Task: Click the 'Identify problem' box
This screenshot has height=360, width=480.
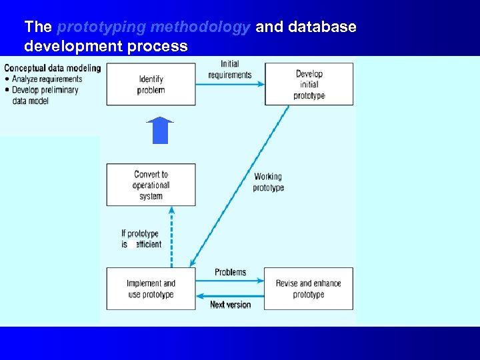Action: pyautogui.click(x=151, y=85)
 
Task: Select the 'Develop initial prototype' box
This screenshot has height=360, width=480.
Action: pyautogui.click(x=309, y=85)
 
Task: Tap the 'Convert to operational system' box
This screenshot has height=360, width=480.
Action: pyautogui.click(x=151, y=185)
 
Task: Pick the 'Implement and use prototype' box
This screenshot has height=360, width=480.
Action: pyautogui.click(x=151, y=289)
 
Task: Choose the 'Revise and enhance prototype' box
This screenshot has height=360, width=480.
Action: pyautogui.click(x=309, y=289)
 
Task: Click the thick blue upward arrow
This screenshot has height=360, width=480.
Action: pyautogui.click(x=160, y=131)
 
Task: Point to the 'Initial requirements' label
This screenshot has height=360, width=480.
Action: pyautogui.click(x=230, y=69)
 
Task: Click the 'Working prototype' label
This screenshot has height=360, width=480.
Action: pyautogui.click(x=268, y=182)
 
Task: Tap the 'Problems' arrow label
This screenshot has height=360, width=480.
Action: pyautogui.click(x=230, y=272)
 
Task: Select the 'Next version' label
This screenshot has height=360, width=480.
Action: pyautogui.click(x=230, y=305)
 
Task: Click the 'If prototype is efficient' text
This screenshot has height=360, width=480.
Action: pyautogui.click(x=141, y=239)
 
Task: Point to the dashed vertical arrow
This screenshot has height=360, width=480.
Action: pyautogui.click(x=171, y=237)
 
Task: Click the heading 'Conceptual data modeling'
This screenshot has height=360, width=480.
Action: pyautogui.click(x=53, y=68)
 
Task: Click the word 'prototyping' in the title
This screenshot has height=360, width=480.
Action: pyautogui.click(x=100, y=27)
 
